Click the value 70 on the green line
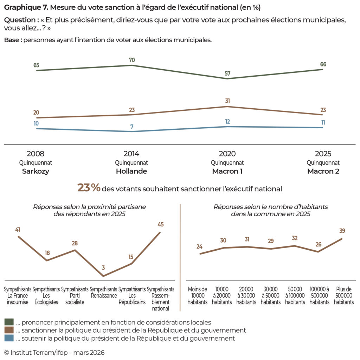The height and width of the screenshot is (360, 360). (x=131, y=60)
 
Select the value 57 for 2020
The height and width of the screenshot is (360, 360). (x=227, y=73)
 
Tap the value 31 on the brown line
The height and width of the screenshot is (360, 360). (x=227, y=101)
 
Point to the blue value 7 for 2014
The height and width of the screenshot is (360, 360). (x=131, y=127)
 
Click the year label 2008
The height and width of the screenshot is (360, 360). (x=36, y=154)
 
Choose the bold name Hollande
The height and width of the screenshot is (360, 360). (x=131, y=172)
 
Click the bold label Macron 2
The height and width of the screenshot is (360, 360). (x=323, y=172)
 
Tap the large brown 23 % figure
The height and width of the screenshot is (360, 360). (x=89, y=188)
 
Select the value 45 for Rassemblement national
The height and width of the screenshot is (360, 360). (x=161, y=224)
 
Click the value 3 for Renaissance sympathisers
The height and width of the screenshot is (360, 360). (x=103, y=268)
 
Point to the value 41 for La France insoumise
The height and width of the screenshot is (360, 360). (x=18, y=230)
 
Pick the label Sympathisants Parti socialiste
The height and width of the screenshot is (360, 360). (x=75, y=296)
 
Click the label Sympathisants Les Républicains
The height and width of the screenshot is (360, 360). (x=132, y=296)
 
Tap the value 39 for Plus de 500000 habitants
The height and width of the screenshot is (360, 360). (x=342, y=231)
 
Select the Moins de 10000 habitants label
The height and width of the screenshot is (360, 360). (x=198, y=296)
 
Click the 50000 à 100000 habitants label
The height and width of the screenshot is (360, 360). (x=295, y=296)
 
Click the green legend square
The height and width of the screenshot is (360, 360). (x=9, y=322)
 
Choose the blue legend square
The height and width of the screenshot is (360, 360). (x=9, y=338)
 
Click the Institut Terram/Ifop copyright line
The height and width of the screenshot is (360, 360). (x=54, y=352)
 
